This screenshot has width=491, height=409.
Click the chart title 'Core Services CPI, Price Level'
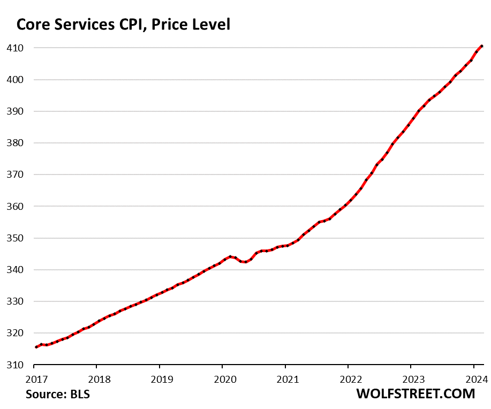click(x=124, y=25)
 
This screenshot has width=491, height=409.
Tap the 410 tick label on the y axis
click(x=14, y=48)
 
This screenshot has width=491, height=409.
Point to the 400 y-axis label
click(x=14, y=80)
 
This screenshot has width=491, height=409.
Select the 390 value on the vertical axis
click(x=14, y=111)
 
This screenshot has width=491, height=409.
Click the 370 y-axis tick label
click(x=14, y=175)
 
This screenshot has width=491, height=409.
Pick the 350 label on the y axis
click(x=14, y=238)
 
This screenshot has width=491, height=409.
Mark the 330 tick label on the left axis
click(x=14, y=301)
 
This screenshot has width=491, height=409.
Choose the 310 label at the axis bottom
click(x=14, y=365)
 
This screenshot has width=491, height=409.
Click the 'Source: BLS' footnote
click(x=58, y=395)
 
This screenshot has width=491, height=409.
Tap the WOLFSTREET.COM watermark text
click(x=416, y=394)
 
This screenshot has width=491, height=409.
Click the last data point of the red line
click(x=482, y=46)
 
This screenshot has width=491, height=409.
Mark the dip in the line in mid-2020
click(x=245, y=262)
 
